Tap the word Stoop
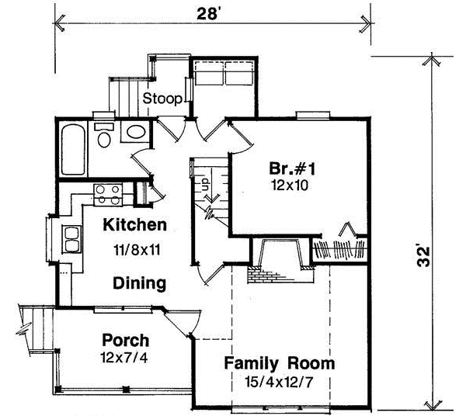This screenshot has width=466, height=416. (x=162, y=99)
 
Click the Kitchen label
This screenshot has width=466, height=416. (x=136, y=226)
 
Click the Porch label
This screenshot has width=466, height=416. (x=125, y=340)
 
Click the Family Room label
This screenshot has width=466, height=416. (x=280, y=362)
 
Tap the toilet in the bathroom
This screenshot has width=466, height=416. (x=103, y=136)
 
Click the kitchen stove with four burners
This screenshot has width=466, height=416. (x=108, y=194)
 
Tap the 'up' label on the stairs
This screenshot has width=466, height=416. (x=206, y=185)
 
